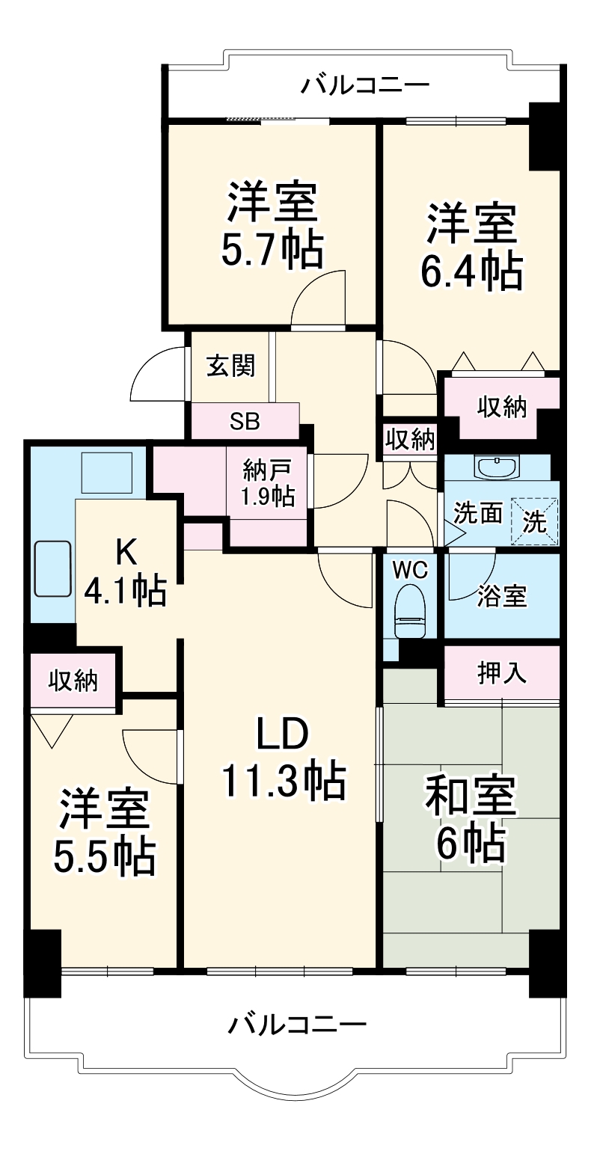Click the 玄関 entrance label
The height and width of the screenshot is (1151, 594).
tap(230, 366)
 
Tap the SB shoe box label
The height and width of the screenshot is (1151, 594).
tap(245, 421)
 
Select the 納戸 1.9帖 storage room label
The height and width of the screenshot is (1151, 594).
tap(268, 484)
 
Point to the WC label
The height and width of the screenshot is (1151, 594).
tap(410, 570)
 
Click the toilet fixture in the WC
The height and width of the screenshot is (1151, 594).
tap(409, 610)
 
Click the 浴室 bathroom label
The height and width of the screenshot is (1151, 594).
tap(503, 596)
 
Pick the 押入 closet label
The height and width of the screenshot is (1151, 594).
tap(502, 673)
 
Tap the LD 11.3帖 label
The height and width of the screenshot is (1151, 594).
tap(282, 759)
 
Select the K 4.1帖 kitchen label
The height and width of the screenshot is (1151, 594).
tap(125, 571)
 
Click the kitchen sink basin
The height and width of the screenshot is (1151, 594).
tap(52, 569)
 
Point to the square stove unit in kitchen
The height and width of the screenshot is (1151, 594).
tap(106, 472)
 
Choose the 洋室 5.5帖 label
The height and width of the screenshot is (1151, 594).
tap(105, 831)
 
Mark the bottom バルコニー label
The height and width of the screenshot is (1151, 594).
tap(297, 1023)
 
